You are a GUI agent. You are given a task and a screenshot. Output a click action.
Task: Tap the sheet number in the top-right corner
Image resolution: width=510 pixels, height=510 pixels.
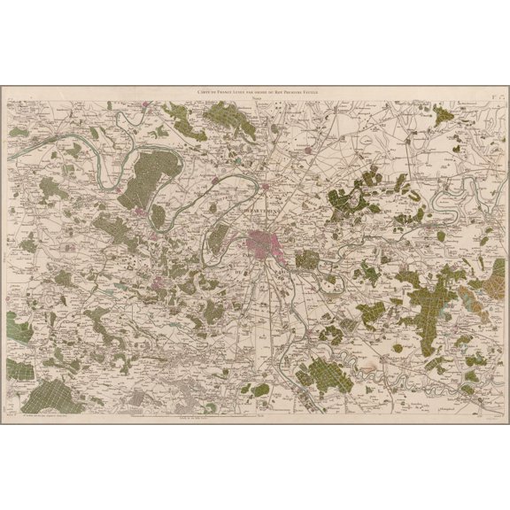pos(498,91)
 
